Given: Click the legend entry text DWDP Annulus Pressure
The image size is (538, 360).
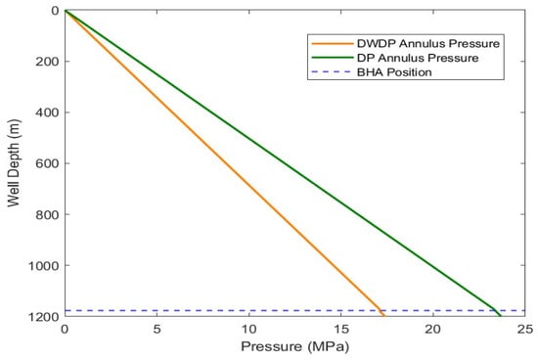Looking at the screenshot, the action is click(x=428, y=44).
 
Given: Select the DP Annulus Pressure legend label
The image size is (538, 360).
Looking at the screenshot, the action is click(x=418, y=58).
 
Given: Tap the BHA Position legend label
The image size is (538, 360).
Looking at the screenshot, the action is click(x=394, y=72).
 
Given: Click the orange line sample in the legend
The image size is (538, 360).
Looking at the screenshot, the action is click(x=333, y=44).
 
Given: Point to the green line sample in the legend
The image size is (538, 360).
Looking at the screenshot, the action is click(x=333, y=58).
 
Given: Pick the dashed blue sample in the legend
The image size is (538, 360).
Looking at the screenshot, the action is click(x=333, y=72).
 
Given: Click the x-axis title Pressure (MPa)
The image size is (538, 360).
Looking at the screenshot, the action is click(x=294, y=346).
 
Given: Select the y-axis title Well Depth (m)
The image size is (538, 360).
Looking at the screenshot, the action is click(x=14, y=163).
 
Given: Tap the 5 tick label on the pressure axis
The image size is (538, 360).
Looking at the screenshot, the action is click(x=157, y=330).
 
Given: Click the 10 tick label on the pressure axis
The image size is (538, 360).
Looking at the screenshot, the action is click(x=249, y=330).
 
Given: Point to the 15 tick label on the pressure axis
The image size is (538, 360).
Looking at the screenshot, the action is click(x=341, y=330).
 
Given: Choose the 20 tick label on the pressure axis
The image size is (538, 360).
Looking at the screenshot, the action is click(x=433, y=330).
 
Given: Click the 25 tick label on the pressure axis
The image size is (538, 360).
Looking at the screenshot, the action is click(x=525, y=330).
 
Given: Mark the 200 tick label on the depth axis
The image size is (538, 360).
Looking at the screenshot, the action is click(x=47, y=62).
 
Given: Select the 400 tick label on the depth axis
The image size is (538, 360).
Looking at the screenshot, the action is click(x=47, y=112).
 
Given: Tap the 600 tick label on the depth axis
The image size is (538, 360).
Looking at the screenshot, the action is click(x=47, y=163).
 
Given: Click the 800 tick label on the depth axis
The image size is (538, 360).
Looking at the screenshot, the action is click(x=47, y=214).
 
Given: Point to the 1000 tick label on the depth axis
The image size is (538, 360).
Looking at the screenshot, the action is click(x=44, y=265).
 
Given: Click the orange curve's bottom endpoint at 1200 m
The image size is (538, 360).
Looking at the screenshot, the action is click(x=384, y=316).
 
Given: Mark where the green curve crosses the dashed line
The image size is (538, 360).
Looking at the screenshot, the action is click(x=496, y=310).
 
